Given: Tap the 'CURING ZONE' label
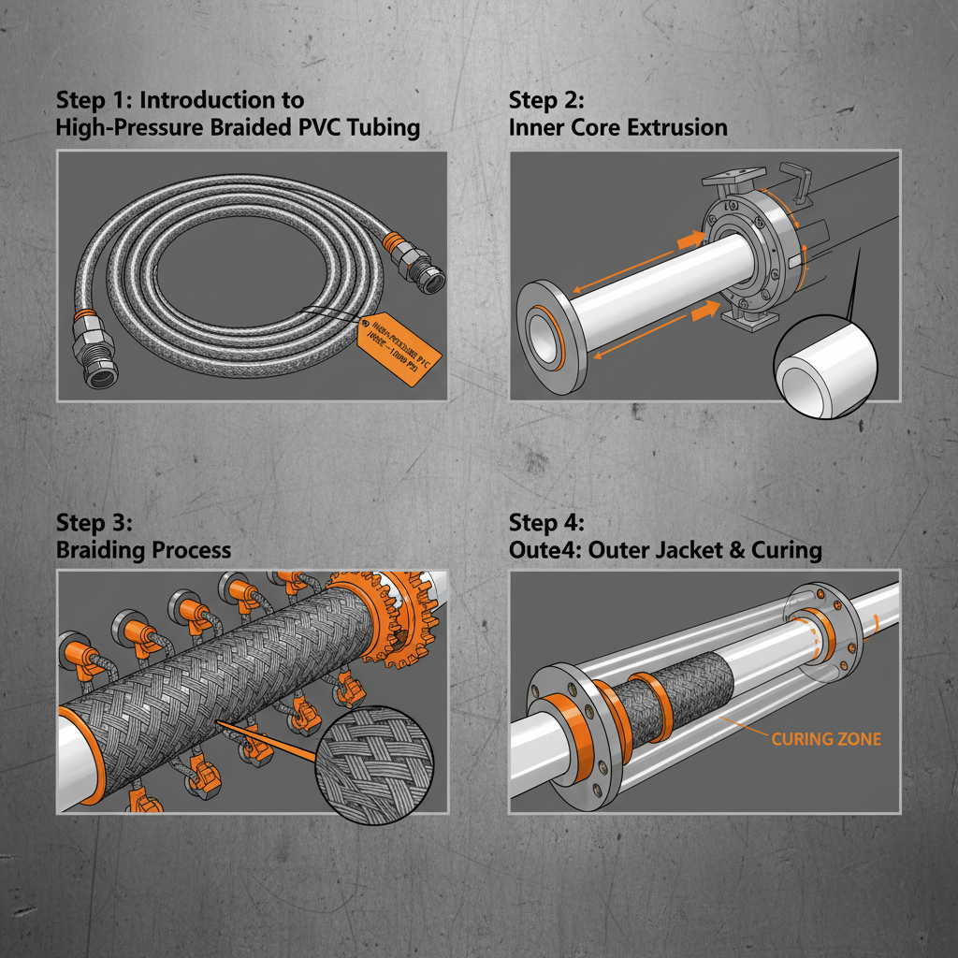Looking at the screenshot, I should pyautogui.click(x=826, y=739).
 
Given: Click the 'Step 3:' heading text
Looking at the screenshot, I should pyautogui.click(x=94, y=521).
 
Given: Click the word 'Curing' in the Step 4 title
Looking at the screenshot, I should pyautogui.click(x=788, y=549).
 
